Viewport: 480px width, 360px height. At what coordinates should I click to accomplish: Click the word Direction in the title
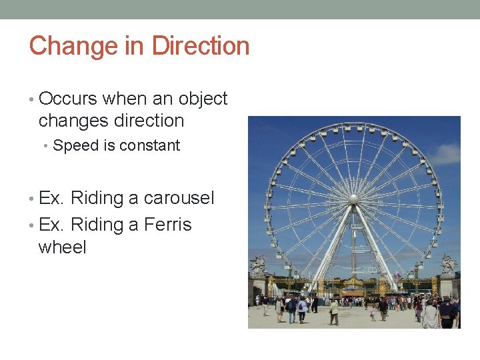pos(201,46)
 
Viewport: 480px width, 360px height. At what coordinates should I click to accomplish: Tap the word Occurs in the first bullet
pos(68,99)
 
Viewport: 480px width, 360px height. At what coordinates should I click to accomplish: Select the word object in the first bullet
pos(203,99)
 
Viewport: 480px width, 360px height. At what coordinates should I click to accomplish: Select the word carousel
pos(179,198)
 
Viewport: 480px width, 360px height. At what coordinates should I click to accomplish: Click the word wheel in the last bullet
pos(63,247)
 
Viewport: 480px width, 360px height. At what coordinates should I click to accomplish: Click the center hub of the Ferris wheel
pos(353,198)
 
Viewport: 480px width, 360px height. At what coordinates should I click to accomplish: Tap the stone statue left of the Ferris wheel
pos(257,265)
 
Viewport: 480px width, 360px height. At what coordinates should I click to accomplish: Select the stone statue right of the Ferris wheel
pos(449,264)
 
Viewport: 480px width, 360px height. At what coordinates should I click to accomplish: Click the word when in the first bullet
pos(125,99)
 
